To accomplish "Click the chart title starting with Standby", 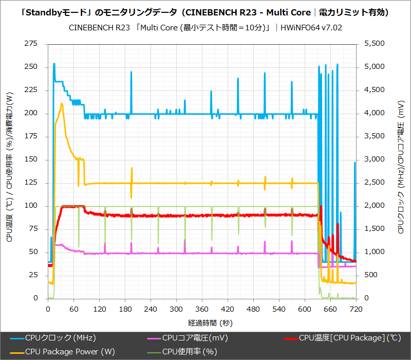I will pos(205,12).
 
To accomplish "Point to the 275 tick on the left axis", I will pos(31,44).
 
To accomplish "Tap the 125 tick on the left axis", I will pos(31,183).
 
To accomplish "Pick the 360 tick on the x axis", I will pos(202,310).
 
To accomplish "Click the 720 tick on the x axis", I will pos(356,310).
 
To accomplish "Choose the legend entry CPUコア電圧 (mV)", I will pos(195,338).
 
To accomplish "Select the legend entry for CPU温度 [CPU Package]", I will pos(349,338).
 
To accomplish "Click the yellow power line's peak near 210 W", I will pos(62,103).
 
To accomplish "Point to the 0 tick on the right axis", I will pos(366,298).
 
